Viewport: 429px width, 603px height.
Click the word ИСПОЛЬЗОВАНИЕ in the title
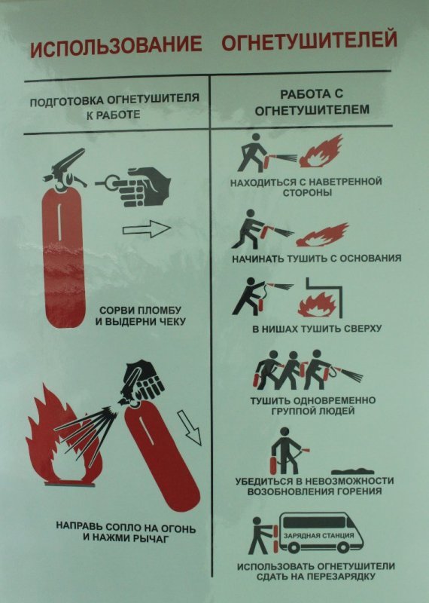(x=116, y=44)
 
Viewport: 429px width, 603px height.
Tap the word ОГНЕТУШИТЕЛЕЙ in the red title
(x=309, y=40)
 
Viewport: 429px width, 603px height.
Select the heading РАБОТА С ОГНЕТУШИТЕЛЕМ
(x=312, y=102)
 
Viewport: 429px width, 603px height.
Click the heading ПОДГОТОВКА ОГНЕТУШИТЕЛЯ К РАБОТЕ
(x=114, y=106)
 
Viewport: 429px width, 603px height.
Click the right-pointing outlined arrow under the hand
(x=147, y=230)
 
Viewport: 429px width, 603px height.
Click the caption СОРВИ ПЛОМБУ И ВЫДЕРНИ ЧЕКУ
(x=140, y=316)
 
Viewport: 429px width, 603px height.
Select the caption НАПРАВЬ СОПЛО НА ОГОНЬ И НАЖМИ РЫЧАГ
(x=126, y=532)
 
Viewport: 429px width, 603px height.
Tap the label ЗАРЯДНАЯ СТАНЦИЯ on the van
(x=318, y=535)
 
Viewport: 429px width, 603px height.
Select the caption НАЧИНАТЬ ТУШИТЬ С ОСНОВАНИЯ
(x=316, y=258)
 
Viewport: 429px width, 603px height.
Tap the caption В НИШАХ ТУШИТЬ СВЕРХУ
(x=317, y=329)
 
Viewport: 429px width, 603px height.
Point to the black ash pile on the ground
(x=352, y=470)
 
